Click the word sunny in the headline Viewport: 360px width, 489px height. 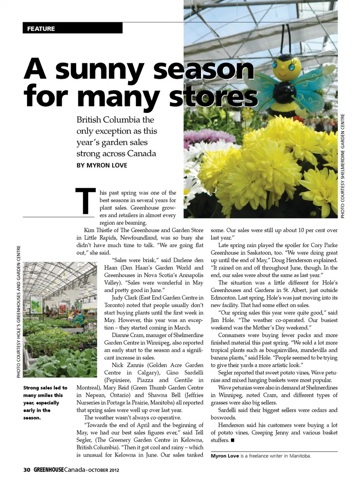click(99, 70)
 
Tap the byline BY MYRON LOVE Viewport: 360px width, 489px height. click(102, 165)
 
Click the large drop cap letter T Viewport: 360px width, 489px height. click(85, 201)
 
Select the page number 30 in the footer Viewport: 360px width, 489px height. click(27, 470)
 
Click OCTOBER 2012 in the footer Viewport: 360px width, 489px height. click(104, 470)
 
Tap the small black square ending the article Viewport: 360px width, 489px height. click(232, 440)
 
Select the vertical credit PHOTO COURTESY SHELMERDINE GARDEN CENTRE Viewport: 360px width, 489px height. click(342, 166)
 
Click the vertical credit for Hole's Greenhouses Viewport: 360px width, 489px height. click(18, 311)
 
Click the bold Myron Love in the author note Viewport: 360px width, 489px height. click(225, 456)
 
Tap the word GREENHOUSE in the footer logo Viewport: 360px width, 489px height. click(48, 470)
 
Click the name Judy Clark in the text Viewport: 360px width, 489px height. click(124, 298)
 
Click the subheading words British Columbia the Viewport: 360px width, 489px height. click(115, 120)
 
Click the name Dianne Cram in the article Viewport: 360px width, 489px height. click(127, 335)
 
